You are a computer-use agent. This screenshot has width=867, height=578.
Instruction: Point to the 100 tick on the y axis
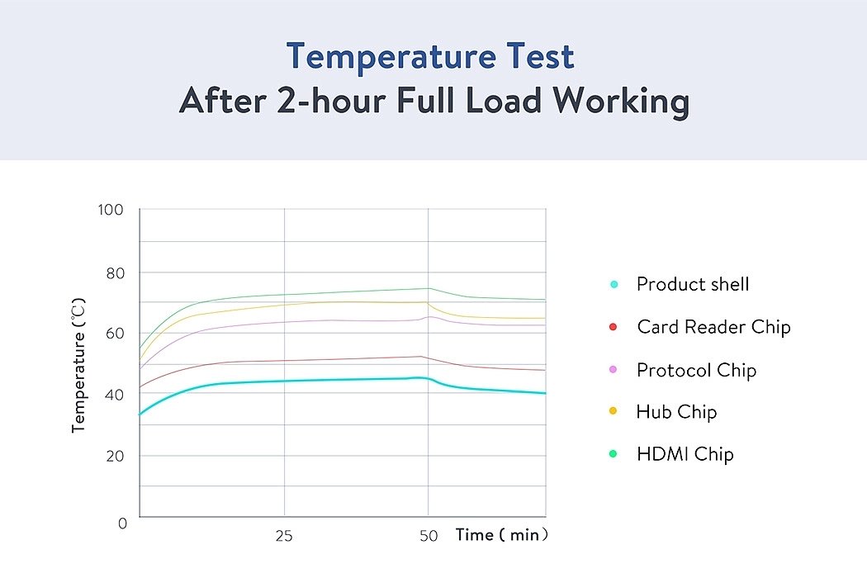109,210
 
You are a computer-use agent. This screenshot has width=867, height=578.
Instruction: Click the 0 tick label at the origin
121,524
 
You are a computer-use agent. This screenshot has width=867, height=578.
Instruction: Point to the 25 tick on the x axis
283,536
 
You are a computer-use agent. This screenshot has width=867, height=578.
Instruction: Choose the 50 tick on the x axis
428,536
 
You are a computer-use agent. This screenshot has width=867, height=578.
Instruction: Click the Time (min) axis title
501,535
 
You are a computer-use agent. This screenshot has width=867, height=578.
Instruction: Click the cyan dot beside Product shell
614,285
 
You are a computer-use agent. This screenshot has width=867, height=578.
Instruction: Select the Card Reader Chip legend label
713,327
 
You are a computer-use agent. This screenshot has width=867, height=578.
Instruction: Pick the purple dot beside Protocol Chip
613,370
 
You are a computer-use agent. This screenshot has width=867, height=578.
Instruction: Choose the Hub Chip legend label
676,412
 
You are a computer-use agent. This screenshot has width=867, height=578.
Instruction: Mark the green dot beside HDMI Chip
613,454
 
